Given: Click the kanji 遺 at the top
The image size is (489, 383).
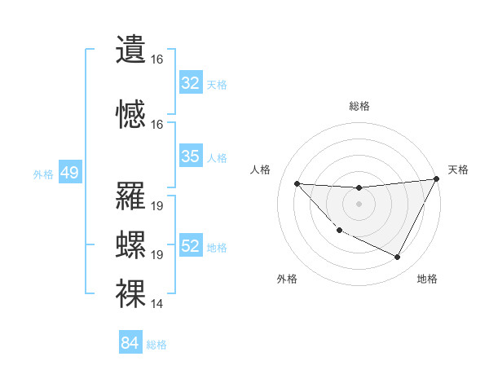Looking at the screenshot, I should (x=131, y=47).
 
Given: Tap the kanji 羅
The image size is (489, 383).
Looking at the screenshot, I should (x=131, y=195).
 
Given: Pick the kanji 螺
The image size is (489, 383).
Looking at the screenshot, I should (x=131, y=242).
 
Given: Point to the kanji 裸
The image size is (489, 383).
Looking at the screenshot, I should (x=131, y=291).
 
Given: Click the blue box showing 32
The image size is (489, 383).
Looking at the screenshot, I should (x=191, y=83).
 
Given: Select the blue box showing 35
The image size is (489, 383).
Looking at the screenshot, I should (x=191, y=156).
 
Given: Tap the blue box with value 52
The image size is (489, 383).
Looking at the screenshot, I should (x=191, y=246).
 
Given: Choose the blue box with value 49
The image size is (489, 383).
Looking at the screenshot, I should (x=70, y=173).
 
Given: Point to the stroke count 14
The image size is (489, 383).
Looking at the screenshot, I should (x=157, y=304).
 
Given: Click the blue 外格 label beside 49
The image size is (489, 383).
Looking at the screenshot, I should (x=42, y=174).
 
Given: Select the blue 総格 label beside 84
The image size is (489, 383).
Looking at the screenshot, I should (x=156, y=345).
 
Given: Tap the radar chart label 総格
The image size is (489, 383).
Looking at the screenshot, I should (x=359, y=106).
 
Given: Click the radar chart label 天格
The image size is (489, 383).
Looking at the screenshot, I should (x=458, y=169).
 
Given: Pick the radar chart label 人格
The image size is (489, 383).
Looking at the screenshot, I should (x=261, y=169).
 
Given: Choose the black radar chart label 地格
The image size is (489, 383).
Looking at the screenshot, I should (x=427, y=279).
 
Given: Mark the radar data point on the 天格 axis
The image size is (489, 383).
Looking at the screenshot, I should (x=437, y=179).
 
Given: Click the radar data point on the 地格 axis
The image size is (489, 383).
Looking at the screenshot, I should (x=398, y=258).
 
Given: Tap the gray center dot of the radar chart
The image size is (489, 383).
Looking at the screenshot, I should (x=359, y=204).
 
